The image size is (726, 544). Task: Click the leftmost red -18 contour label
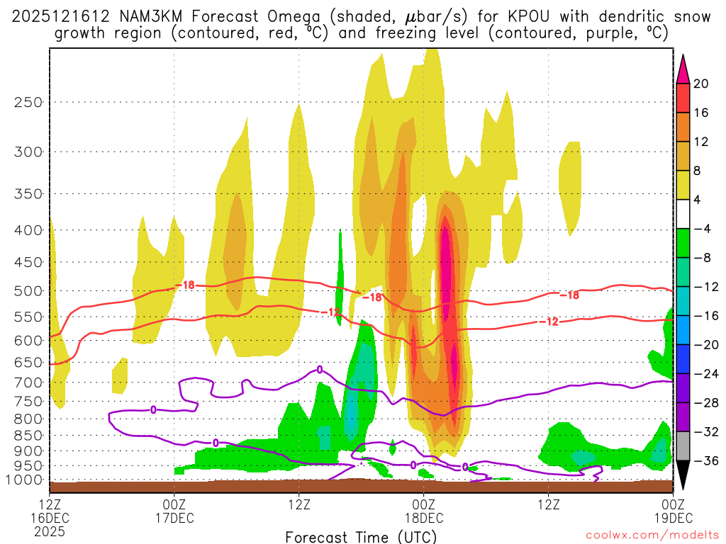tap(187, 285)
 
